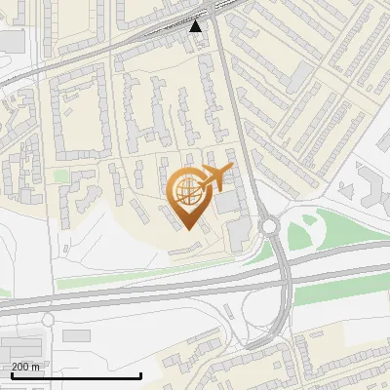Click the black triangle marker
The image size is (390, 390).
tap(196, 25)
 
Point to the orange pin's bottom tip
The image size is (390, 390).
tap(187, 229)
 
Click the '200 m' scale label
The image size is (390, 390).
tap(26, 367)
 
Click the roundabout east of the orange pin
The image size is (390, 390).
tap(269, 226)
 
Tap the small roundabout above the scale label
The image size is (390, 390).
tap(47, 320)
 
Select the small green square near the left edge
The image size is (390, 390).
tap(61, 175)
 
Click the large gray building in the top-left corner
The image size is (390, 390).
tap(10, 40)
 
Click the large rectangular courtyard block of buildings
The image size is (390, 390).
tap(79, 117)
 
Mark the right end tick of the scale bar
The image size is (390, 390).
tap(141, 375)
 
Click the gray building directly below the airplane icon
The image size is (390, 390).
tap(228, 203)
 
